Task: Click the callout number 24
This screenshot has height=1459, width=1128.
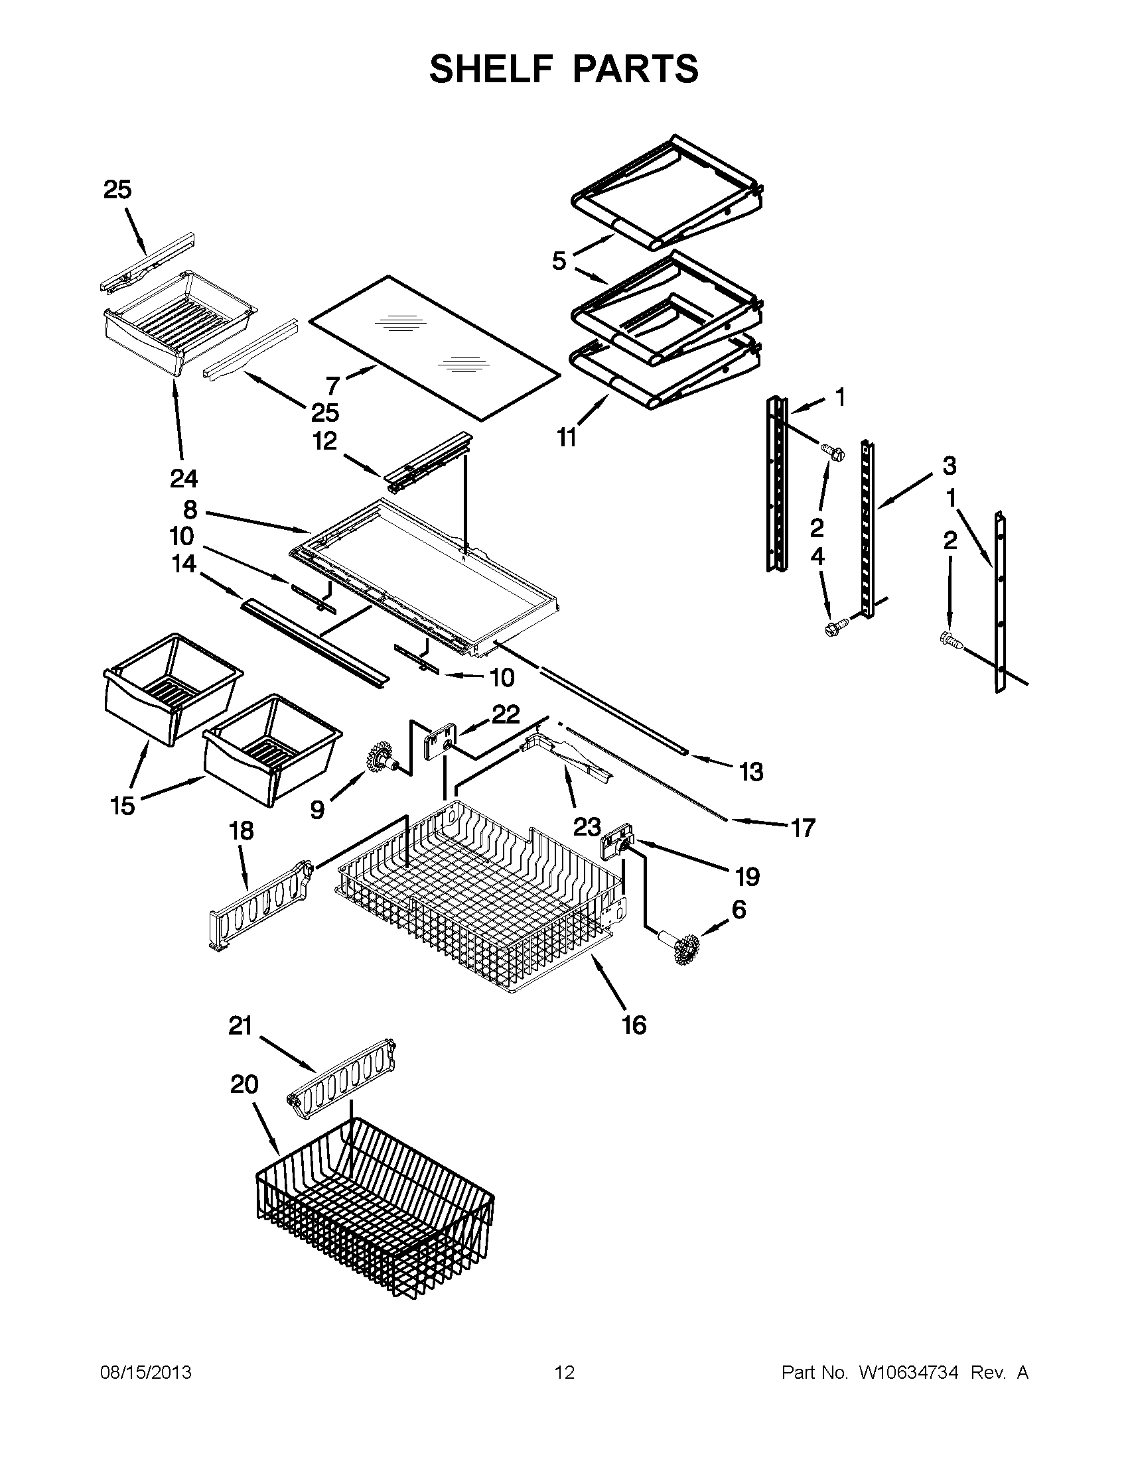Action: pos(183,478)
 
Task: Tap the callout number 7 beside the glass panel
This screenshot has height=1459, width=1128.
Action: pos(333,385)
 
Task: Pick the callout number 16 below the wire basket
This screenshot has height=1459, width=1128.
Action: pos(634,1025)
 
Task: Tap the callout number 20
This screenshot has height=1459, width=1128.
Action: pos(244,1084)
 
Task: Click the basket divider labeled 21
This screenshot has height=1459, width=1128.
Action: pos(342,1080)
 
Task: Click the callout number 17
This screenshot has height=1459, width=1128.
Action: pos(803,828)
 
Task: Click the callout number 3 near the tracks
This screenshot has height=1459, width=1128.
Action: pos(949,466)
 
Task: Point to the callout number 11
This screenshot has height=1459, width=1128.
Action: pos(567,438)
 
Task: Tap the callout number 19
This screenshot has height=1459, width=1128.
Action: pos(748,877)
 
